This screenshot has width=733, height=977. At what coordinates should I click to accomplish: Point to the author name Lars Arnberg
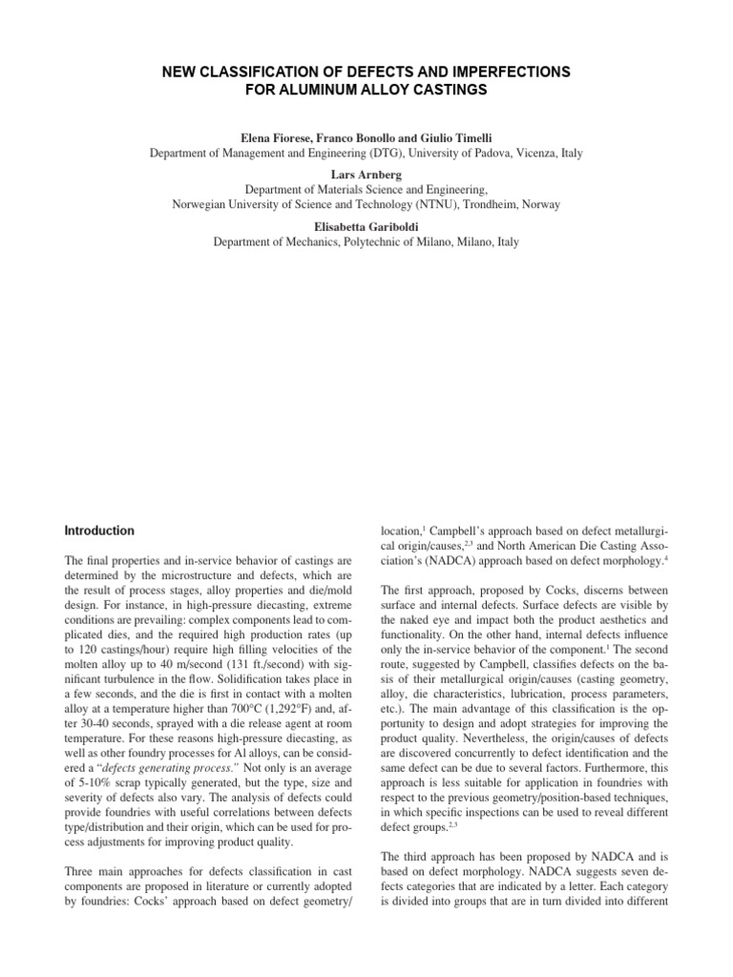tap(366, 173)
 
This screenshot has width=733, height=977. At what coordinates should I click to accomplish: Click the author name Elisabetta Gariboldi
tap(366, 225)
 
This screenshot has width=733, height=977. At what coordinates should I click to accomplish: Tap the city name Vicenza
tap(533, 153)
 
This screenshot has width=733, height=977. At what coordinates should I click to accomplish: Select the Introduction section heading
tap(99, 530)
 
